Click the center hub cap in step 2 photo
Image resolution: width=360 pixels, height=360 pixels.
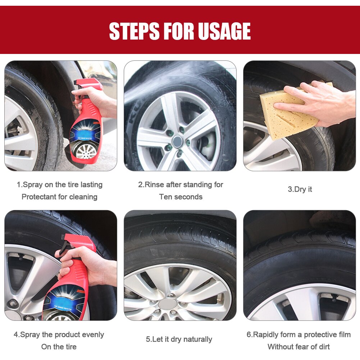coord(178,141)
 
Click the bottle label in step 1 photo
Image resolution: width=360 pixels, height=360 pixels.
coord(86,137)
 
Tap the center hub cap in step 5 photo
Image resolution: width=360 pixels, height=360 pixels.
coord(168,304)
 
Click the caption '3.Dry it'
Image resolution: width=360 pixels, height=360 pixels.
coord(300,190)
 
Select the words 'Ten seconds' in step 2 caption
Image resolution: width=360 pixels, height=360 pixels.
coord(181,197)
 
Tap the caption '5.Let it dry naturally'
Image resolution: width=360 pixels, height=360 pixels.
coord(179,339)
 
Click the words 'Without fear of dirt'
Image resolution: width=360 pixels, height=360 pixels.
coord(299,347)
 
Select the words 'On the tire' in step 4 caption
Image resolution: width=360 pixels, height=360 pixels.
coord(59,347)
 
